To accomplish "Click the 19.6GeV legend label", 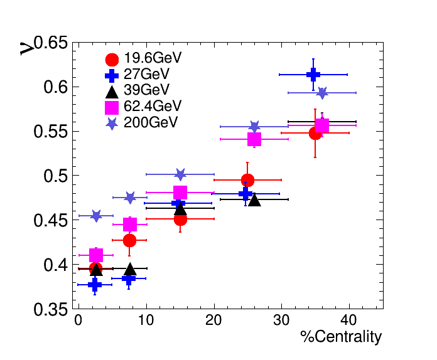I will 153,58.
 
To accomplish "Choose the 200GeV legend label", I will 151,122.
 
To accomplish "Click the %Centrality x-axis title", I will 341,337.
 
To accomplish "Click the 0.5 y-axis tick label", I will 55,176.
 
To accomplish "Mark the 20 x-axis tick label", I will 213,321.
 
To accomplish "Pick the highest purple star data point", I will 322,93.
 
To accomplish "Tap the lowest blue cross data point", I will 95,285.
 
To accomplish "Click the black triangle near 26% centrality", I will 254,200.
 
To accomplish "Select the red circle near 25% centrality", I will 247,181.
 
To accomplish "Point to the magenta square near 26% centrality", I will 254,139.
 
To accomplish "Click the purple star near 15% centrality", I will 180,174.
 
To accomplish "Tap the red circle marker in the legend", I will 112,60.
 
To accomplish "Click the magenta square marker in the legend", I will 112,107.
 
